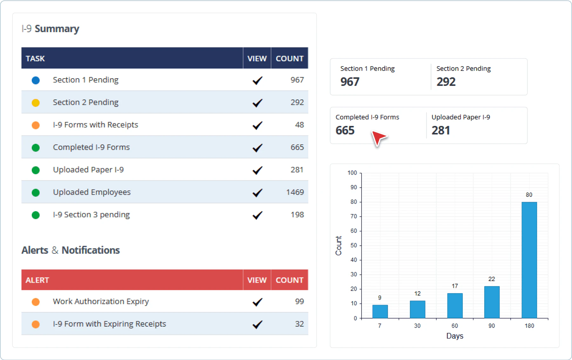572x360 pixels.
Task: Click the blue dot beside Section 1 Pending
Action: [x=36, y=80]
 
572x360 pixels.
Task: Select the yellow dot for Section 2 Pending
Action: [x=36, y=103]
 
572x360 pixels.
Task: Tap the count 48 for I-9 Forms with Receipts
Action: [x=299, y=125]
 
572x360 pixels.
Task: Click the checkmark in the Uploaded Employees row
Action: [x=257, y=193]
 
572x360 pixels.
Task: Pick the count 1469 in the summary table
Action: [x=295, y=192]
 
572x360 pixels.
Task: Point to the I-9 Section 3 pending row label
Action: [x=91, y=215]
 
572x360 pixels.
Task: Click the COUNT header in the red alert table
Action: [x=289, y=280]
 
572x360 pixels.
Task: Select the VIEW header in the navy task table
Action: [x=257, y=59]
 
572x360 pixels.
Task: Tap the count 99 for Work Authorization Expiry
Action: [x=299, y=301]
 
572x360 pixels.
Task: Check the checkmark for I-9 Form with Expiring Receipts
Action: [x=257, y=324]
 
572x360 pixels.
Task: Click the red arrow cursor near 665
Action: [x=378, y=138]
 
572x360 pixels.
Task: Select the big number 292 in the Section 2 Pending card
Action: [x=446, y=82]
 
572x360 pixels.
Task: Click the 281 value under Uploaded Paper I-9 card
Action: [x=440, y=130]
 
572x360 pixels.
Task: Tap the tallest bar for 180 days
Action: [x=529, y=260]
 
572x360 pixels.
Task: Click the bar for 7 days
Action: [x=380, y=311]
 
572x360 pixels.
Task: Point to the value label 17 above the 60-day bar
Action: [x=455, y=286]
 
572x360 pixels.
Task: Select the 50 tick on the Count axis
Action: [x=354, y=245]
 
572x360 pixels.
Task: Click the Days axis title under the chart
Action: [x=454, y=336]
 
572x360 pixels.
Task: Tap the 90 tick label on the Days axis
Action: [x=492, y=326]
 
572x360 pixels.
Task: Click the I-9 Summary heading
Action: [x=50, y=29]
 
